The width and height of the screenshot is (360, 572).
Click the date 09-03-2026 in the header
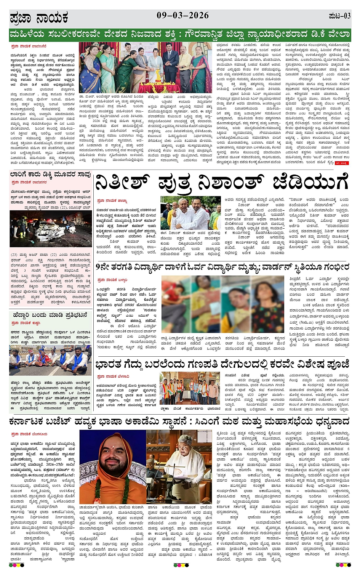pyautogui.click(x=182, y=15)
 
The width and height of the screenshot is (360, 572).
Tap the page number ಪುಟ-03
pyautogui.click(x=339, y=16)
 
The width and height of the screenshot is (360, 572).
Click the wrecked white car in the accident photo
pyautogui.click(x=46, y=228)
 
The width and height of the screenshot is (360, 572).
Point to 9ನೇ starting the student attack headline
pyautogui.click(x=103, y=267)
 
